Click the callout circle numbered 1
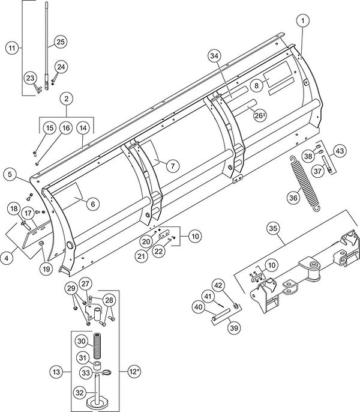point(304,21)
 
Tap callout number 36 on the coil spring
point(292,196)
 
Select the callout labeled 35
point(273,229)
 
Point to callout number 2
point(66,97)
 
